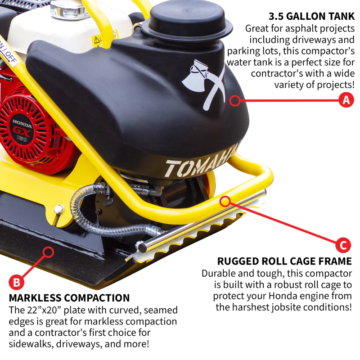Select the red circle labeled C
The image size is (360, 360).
pyautogui.click(x=343, y=245)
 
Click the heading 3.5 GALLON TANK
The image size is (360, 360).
pyautogui.click(x=311, y=17)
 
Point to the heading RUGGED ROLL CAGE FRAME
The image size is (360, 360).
pyautogui.click(x=284, y=261)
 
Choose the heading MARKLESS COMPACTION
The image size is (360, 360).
pyautogui.click(x=69, y=298)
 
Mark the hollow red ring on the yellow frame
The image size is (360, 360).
pyautogui.click(x=225, y=201)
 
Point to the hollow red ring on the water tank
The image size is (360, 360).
pyautogui.click(x=235, y=100)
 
